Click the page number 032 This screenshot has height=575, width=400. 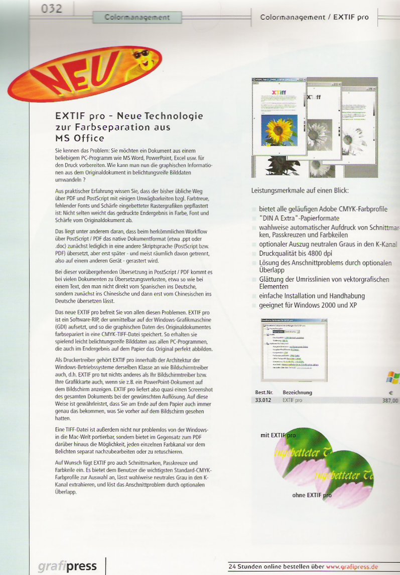pos(52,9)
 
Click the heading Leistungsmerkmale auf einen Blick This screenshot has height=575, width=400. pos(299,190)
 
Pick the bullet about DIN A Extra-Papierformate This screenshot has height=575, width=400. pos(299,218)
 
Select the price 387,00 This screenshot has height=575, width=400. pos(389,401)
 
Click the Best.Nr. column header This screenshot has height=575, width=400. pos(263,393)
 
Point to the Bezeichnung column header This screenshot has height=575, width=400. pos(297,393)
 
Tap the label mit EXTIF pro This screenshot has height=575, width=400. pos(278,435)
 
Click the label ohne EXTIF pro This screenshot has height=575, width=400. pos(312,495)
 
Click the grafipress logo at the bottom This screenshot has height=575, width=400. pos(67,566)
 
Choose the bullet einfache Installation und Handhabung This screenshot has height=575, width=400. pos(312,296)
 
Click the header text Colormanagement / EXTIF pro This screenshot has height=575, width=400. pos(314,17)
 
